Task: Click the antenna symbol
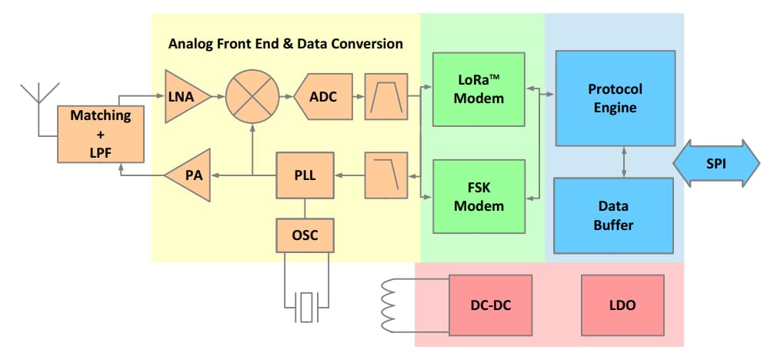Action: pyautogui.click(x=38, y=92)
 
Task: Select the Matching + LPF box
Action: pyautogui.click(x=101, y=135)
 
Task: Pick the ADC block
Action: pyautogui.click(x=323, y=97)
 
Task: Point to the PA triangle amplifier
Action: pyautogui.click(x=189, y=175)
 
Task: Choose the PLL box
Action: pyautogui.click(x=305, y=175)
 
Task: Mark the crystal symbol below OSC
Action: pyautogui.click(x=308, y=306)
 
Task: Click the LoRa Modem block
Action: pyautogui.click(x=479, y=89)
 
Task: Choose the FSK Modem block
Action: pyautogui.click(x=479, y=196)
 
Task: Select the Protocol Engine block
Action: pyautogui.click(x=615, y=98)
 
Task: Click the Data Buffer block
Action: pyautogui.click(x=615, y=216)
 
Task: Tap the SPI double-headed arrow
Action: pyautogui.click(x=716, y=164)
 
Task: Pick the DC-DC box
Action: pyautogui.click(x=490, y=305)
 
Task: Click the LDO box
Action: pyautogui.click(x=622, y=305)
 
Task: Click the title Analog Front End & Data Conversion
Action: pyautogui.click(x=285, y=44)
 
